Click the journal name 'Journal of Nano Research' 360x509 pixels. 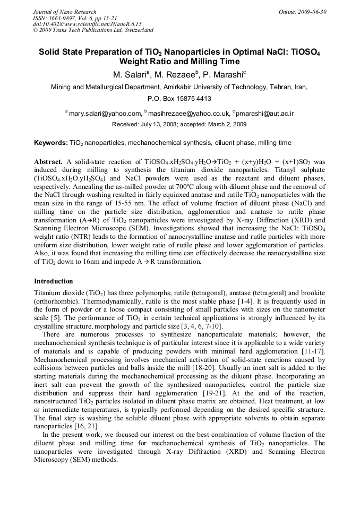click(65, 12)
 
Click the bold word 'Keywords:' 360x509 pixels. click(51, 143)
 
